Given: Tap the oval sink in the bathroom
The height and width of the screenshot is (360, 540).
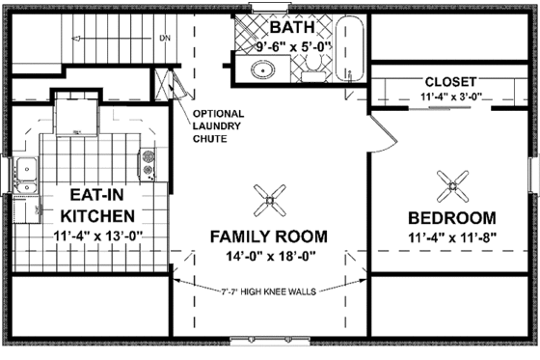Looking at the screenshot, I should (x=263, y=69).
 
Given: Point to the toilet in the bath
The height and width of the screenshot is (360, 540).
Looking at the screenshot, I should (x=314, y=66).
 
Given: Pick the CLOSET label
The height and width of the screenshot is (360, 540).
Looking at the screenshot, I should (x=445, y=81).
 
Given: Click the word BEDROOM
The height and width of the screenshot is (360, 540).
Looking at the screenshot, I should (x=450, y=217).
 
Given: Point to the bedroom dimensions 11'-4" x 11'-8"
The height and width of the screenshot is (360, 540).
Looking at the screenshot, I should (x=450, y=236).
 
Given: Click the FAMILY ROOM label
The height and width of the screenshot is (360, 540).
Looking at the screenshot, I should (x=268, y=236).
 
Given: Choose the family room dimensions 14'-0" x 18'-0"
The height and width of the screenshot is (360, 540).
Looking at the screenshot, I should (x=268, y=256).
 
